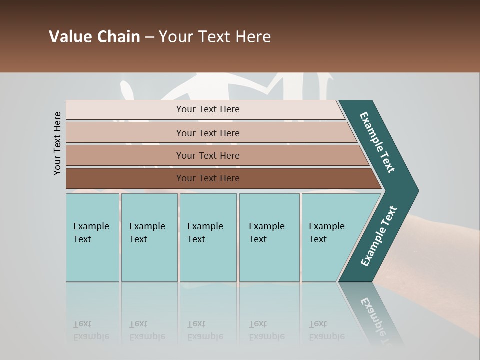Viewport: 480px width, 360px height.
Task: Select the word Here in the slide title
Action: point(253,37)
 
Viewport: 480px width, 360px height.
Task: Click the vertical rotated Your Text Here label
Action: point(57,144)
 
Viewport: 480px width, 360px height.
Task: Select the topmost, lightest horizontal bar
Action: point(207,109)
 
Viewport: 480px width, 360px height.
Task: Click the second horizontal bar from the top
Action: point(207,133)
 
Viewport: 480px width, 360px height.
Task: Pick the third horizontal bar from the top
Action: point(207,155)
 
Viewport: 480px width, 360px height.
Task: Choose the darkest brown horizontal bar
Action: point(207,178)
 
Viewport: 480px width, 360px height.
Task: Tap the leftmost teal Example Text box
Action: point(92,237)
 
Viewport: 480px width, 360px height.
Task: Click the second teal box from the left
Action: point(149,237)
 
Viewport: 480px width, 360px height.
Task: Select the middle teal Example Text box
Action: point(208,237)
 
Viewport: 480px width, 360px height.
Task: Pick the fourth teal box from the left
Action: point(269,237)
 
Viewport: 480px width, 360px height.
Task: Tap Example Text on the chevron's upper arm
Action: point(377,142)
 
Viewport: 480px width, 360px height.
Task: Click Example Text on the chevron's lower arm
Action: point(379,236)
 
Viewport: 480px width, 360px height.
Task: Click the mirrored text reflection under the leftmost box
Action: point(91,331)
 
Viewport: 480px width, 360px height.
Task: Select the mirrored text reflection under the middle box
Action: point(205,331)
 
